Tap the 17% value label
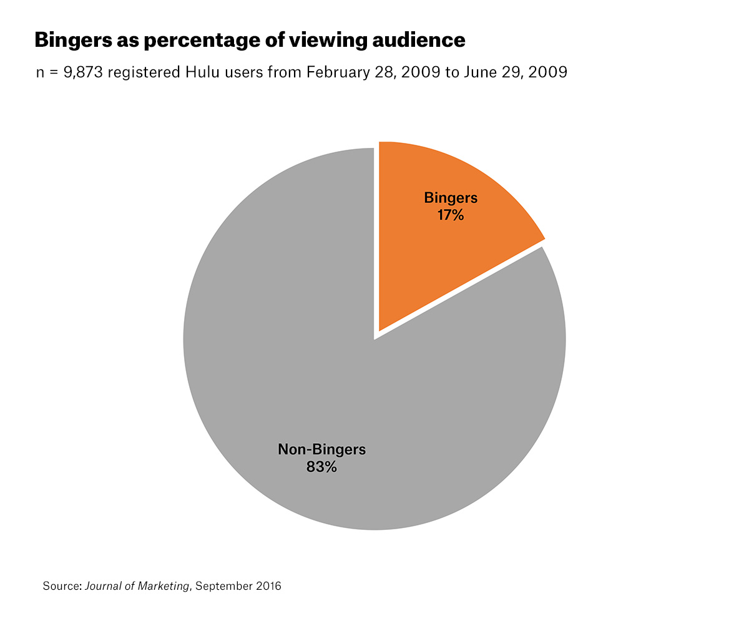pos(451,215)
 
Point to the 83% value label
pos(321,466)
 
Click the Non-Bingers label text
pos(321,449)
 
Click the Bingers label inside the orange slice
pos(451,198)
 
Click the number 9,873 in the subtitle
pos(84,72)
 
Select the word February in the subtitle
pos(336,72)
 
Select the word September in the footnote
pos(222,586)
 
